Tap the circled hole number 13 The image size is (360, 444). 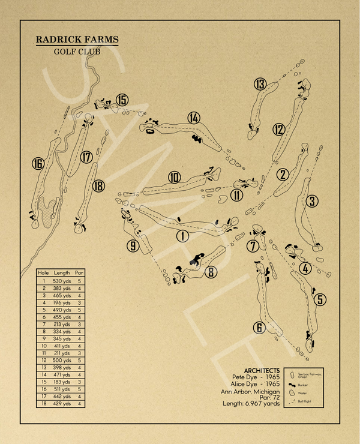pos(260,84)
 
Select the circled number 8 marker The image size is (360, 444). pos(211,272)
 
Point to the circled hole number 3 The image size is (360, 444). pos(312,201)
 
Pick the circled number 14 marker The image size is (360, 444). pos(193,118)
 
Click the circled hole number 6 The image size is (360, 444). pos(259,328)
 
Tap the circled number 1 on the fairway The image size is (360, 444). pos(182,236)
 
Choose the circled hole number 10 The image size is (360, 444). pos(175,178)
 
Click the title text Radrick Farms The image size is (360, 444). pos(77,40)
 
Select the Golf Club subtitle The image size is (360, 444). pos(77,52)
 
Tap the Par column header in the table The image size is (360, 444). pos(79,272)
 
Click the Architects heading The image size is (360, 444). pos(262,370)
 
